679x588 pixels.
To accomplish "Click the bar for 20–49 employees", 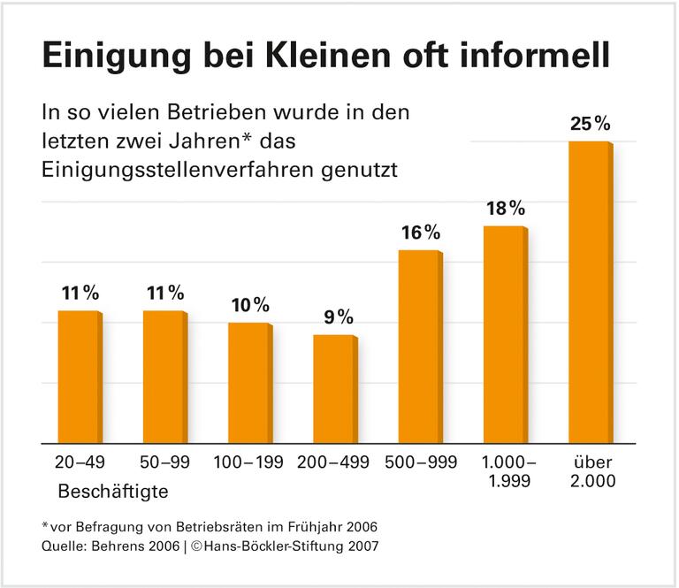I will tap(78, 376).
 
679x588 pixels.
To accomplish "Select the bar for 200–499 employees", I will tap(334, 388).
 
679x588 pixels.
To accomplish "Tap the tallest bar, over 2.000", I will tap(588, 292).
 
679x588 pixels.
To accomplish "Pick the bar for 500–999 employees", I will tap(419, 346).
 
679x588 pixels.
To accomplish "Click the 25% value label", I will tap(590, 124).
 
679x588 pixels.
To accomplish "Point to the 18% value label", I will tap(505, 209).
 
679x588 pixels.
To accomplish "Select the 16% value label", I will tap(419, 233).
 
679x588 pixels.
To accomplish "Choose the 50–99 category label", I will tap(164, 462).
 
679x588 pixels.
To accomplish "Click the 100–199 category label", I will tap(249, 462).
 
